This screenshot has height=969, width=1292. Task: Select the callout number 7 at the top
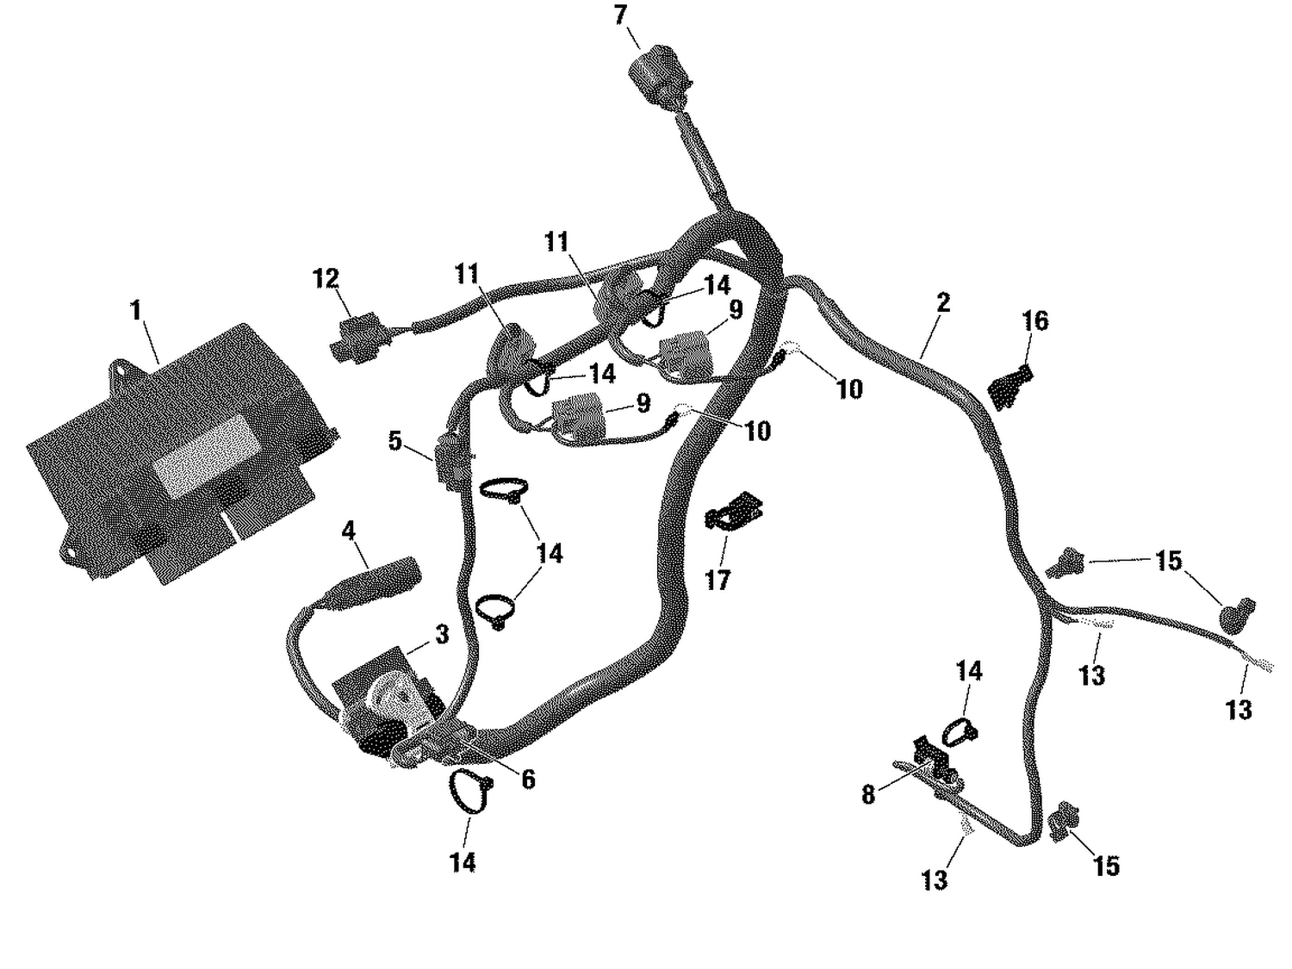coord(621,16)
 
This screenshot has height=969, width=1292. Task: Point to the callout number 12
coord(326,279)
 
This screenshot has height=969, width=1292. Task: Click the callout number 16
coord(1035,321)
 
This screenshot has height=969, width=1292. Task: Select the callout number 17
coord(717,581)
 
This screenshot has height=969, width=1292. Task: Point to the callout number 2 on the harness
coord(943,302)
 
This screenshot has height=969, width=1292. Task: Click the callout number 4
coord(348,531)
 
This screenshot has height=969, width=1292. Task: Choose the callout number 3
coord(442,635)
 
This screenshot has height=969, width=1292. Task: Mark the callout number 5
coord(394,441)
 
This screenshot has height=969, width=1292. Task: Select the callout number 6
coord(528,779)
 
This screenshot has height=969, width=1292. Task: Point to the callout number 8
coord(868,794)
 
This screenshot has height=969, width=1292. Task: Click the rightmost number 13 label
coord(1239,710)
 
